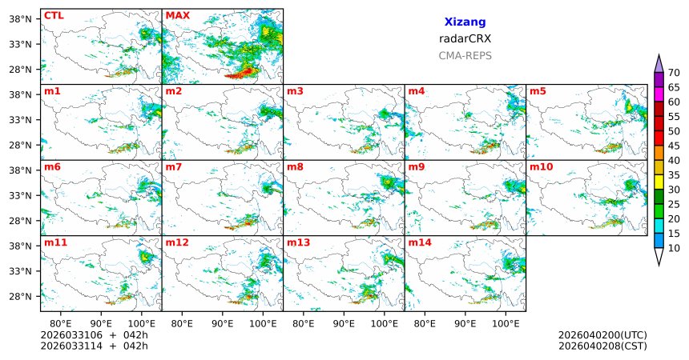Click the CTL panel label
53,15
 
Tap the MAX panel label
177,15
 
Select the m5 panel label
537,91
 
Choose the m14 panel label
418,242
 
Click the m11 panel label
54,242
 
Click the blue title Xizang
465,22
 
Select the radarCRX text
465,38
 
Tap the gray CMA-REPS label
465,56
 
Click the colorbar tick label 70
674,73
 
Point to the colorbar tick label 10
674,249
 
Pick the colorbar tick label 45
674,146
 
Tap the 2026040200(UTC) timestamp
602,334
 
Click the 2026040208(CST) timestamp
602,346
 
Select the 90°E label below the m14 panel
465,323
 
